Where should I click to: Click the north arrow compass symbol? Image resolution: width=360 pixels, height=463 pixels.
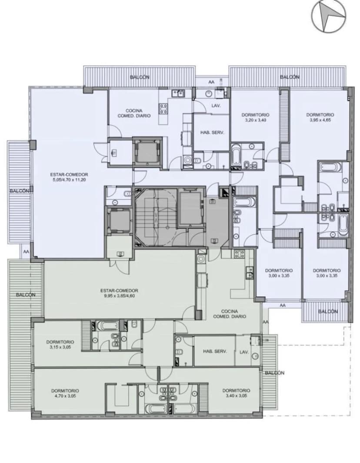(x=329, y=16)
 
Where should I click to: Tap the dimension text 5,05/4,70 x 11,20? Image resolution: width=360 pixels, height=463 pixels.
(x=69, y=179)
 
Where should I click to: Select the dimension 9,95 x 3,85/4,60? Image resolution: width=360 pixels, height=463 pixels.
(x=120, y=296)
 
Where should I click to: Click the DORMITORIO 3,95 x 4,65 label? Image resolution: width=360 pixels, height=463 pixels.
(x=320, y=117)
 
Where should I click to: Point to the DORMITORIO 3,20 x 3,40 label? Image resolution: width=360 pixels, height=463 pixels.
(x=255, y=117)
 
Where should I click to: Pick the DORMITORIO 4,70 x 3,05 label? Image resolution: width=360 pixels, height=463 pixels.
(x=65, y=394)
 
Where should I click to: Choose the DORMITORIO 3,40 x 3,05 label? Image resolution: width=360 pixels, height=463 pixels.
(x=236, y=393)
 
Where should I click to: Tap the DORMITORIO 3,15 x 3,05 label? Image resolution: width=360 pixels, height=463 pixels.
(x=60, y=344)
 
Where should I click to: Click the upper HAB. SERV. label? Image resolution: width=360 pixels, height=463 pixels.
(x=212, y=132)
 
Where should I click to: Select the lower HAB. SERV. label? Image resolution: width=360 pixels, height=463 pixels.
(x=215, y=351)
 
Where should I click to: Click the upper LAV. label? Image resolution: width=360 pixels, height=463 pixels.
(x=217, y=106)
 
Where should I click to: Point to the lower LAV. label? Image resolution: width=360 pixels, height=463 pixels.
(x=244, y=352)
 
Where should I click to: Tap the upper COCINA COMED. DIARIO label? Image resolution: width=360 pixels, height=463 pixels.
(x=134, y=113)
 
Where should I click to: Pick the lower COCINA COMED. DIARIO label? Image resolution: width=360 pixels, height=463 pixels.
(x=230, y=314)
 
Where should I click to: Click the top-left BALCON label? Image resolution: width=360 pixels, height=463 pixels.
(x=140, y=77)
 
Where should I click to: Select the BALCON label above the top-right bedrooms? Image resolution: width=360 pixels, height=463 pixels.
(x=290, y=77)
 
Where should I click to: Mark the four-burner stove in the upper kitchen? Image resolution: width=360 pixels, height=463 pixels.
(x=163, y=109)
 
